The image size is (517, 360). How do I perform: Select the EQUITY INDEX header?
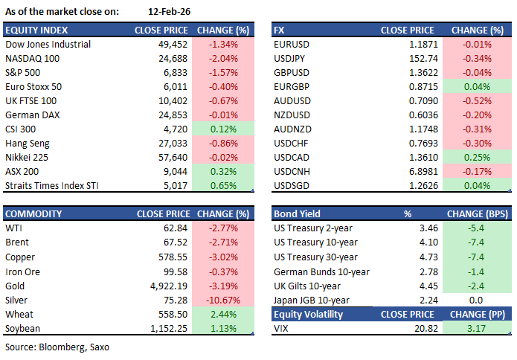click(x=36, y=30)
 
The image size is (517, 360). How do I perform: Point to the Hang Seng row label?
click(x=27, y=143)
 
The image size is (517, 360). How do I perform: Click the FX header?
click(x=280, y=30)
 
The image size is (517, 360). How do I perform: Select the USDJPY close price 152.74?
click(x=419, y=58)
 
